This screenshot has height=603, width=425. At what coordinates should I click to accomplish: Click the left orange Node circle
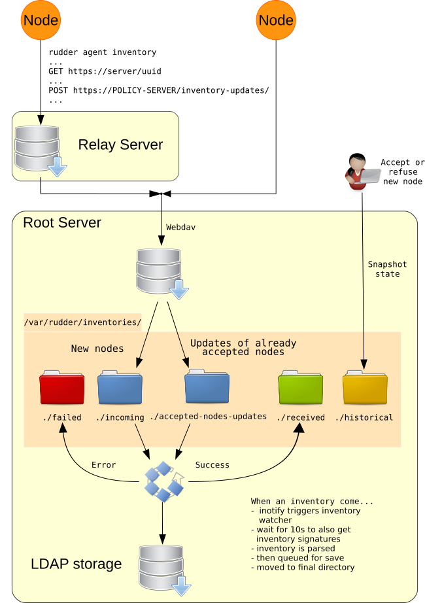(x=41, y=20)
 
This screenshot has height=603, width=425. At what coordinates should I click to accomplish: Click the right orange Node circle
(x=276, y=20)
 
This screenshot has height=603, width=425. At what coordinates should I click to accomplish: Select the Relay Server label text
(x=120, y=145)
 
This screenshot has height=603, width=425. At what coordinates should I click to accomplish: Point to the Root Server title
(x=62, y=222)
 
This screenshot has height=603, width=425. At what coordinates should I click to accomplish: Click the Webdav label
(x=180, y=228)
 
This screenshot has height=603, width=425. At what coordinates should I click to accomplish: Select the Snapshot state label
(x=387, y=269)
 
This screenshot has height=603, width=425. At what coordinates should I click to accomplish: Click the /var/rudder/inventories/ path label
(x=82, y=322)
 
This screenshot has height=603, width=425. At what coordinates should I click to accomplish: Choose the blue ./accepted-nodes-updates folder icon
(x=207, y=387)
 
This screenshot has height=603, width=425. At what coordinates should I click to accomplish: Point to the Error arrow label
(x=103, y=465)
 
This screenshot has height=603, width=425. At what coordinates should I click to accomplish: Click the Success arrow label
(x=212, y=465)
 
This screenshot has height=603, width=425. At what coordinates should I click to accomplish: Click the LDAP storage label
(x=76, y=564)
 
